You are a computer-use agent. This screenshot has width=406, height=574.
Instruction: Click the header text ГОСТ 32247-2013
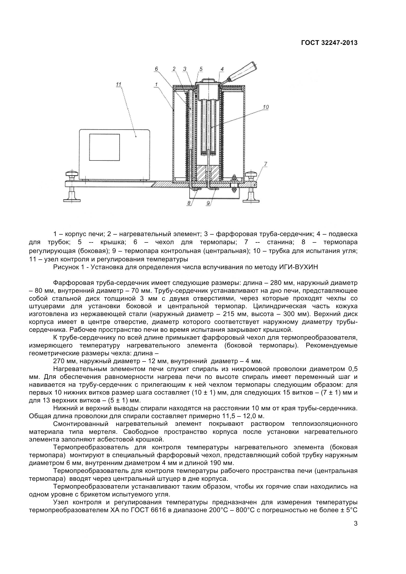tap(329, 43)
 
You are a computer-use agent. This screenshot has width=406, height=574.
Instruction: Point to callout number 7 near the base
tap(265, 164)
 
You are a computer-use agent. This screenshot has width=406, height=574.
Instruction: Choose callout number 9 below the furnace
tap(208, 203)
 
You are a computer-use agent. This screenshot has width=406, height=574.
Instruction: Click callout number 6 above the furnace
tap(156, 68)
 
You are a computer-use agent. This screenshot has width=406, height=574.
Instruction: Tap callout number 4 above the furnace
tap(222, 69)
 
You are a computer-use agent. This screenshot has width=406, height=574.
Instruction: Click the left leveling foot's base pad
tap(72, 200)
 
